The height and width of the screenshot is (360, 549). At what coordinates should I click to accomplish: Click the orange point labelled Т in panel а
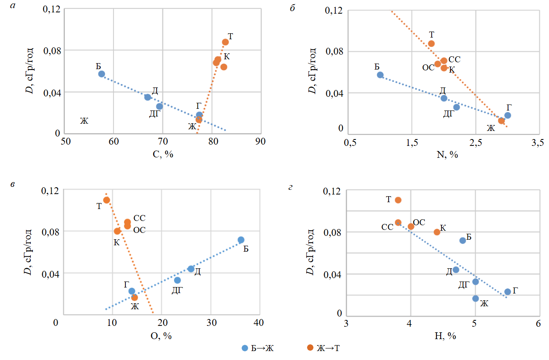pyautogui.click(x=225, y=42)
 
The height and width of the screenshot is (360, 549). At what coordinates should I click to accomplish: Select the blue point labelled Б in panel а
pyautogui.click(x=102, y=74)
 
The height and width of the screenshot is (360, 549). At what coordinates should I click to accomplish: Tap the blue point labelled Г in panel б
pyautogui.click(x=508, y=115)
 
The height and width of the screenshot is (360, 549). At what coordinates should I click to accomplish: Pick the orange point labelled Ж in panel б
pyautogui.click(x=501, y=121)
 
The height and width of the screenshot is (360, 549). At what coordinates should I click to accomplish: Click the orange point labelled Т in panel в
pyautogui.click(x=107, y=200)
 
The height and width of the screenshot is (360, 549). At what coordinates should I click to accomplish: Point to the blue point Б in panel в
pyautogui.click(x=241, y=240)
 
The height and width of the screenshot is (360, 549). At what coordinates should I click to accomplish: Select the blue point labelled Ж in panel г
pyautogui.click(x=476, y=299)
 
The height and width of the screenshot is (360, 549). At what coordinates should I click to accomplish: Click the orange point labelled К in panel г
pyautogui.click(x=437, y=232)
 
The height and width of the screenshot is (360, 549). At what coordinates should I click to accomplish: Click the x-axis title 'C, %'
pyautogui.click(x=163, y=154)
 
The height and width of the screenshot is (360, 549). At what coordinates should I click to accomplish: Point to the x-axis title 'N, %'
pyautogui.click(x=447, y=154)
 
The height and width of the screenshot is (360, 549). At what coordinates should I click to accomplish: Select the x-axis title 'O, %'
pyautogui.click(x=161, y=336)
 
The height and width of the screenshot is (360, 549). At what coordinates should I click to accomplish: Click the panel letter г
pyautogui.click(x=291, y=185)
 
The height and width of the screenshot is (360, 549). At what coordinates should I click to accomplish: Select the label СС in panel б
pyautogui.click(x=455, y=60)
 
